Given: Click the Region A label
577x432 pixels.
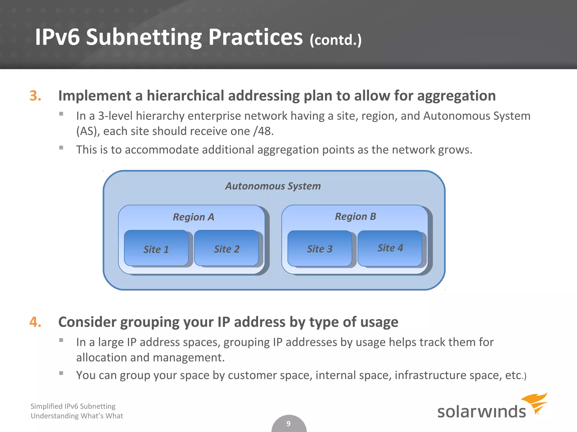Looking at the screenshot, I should click(x=194, y=217).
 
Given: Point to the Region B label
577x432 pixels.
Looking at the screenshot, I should click(x=355, y=216).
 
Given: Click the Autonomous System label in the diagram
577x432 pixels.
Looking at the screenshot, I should click(x=273, y=186).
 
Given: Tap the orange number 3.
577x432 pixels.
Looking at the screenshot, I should click(x=35, y=96).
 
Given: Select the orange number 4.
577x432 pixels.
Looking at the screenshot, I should click(x=35, y=322).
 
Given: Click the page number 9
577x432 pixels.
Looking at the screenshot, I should click(x=288, y=424).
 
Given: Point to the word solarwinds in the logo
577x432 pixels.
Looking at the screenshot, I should click(x=481, y=411).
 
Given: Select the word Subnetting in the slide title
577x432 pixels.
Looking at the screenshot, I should click(x=144, y=37).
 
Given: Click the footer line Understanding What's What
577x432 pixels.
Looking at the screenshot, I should click(x=77, y=416).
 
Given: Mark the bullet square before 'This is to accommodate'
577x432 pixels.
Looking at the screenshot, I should click(x=61, y=147).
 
